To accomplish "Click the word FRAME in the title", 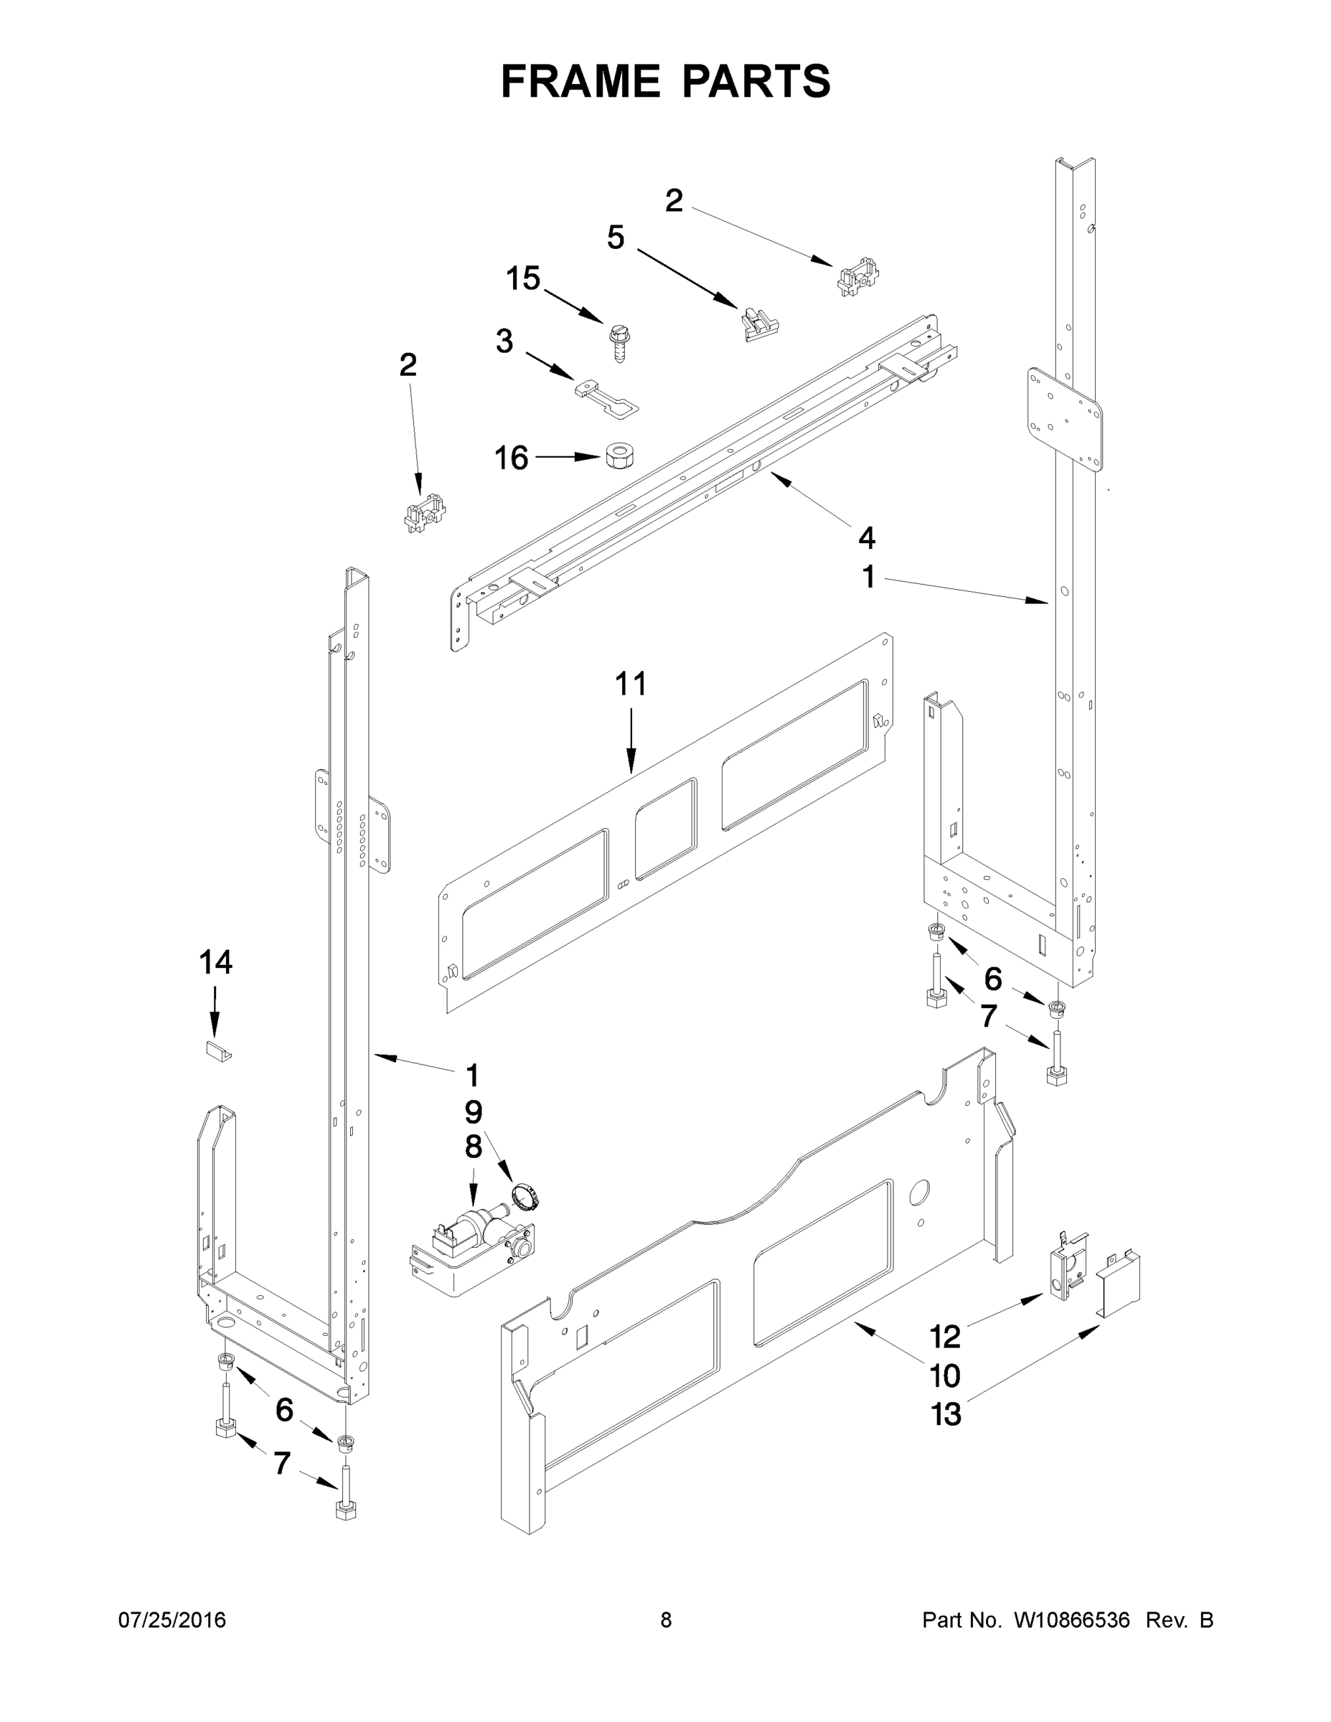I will tap(581, 81).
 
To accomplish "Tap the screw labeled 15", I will tap(617, 342).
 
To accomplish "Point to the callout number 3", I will tap(504, 342).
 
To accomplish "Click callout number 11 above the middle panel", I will tap(630, 684).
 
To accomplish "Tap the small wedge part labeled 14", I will tap(218, 1052).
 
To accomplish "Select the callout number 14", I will tap(215, 962).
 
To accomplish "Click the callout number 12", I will tap(945, 1337).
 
